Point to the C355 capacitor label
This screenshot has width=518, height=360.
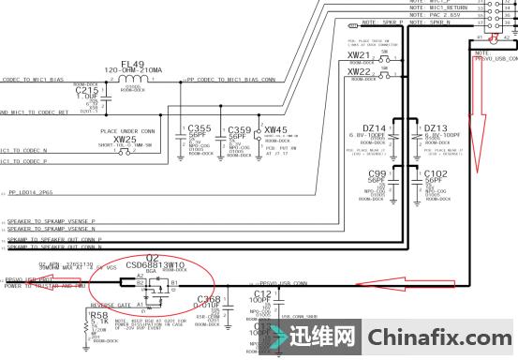[x=200, y=128]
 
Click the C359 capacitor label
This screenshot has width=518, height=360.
[x=240, y=128]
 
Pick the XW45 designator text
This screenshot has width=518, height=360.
[x=276, y=128]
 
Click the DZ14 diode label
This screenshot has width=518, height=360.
[x=375, y=128]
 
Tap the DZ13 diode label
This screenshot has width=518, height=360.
[x=436, y=128]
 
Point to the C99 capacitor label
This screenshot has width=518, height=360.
[x=377, y=173]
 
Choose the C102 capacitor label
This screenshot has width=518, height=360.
[x=436, y=173]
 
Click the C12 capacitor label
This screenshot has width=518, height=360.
[x=262, y=293]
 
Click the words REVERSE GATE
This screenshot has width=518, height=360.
[x=109, y=305]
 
